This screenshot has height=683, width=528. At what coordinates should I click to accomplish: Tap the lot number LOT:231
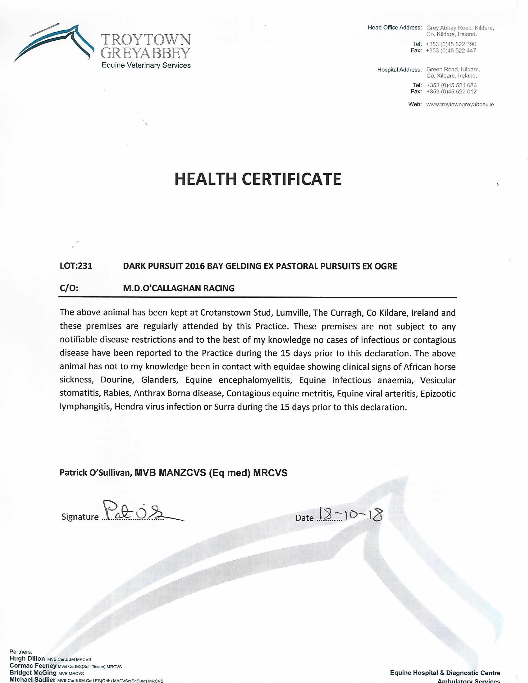pyautogui.click(x=76, y=266)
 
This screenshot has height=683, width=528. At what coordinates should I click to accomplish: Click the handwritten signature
pyautogui.click(x=138, y=514)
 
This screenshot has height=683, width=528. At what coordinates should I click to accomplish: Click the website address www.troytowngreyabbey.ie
pyautogui.click(x=460, y=104)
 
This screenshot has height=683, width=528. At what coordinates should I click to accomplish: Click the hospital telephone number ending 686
pyautogui.click(x=451, y=85)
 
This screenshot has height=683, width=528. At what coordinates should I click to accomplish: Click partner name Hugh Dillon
pyautogui.click(x=27, y=658)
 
